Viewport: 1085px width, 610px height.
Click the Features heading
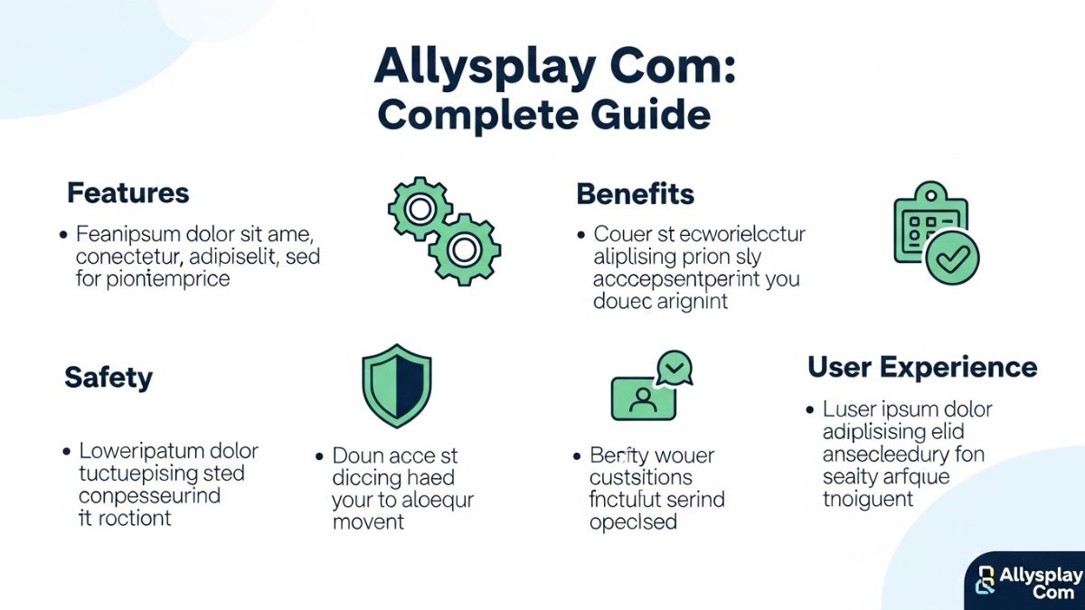pyautogui.click(x=127, y=192)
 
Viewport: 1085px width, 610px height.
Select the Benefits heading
pyautogui.click(x=635, y=193)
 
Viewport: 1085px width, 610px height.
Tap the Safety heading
pyautogui.click(x=108, y=378)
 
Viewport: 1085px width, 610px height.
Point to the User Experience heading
pyautogui.click(x=921, y=367)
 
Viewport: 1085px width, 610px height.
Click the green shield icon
pyautogui.click(x=396, y=385)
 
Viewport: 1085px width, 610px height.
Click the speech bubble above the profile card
pyautogui.click(x=673, y=367)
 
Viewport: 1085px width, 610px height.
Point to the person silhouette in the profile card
pyautogui.click(x=643, y=399)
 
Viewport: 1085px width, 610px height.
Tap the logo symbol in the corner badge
pyautogui.click(x=985, y=582)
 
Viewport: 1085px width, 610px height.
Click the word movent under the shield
pyautogui.click(x=368, y=522)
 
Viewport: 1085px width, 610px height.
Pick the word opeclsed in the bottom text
pyautogui.click(x=633, y=522)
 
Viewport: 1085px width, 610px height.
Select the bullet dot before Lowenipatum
pyautogui.click(x=67, y=450)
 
